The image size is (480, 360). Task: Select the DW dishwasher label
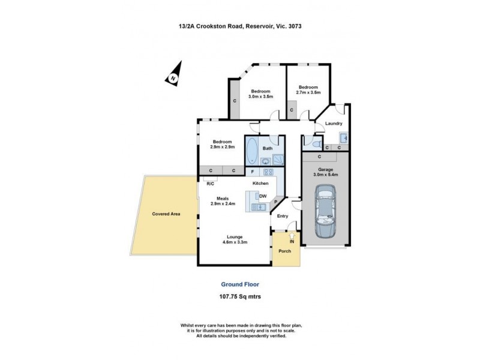pyautogui.click(x=262, y=196)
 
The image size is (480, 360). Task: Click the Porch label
pyautogui.click(x=284, y=250)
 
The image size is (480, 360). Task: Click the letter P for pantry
pyautogui.click(x=276, y=202)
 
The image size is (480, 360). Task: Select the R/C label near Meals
pyautogui.click(x=211, y=184)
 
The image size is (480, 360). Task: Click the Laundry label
pyautogui.click(x=334, y=124)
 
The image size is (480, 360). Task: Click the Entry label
pyautogui.click(x=283, y=216)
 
